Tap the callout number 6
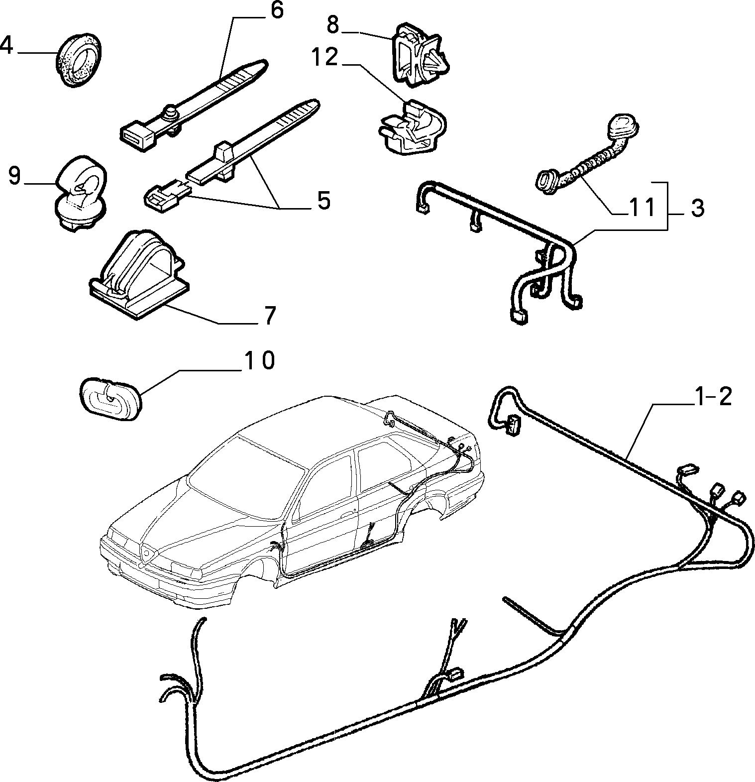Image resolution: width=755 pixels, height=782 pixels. coord(276,11)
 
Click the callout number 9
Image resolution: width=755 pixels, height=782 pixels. coord(15,175)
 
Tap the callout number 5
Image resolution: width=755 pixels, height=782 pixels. coord(324,201)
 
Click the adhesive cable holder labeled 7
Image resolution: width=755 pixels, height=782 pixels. coord(139,274)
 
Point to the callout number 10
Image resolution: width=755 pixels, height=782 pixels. coord(258,359)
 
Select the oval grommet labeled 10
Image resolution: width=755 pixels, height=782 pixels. coord(110,398)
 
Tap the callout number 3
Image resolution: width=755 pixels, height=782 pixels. coord(697,208)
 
